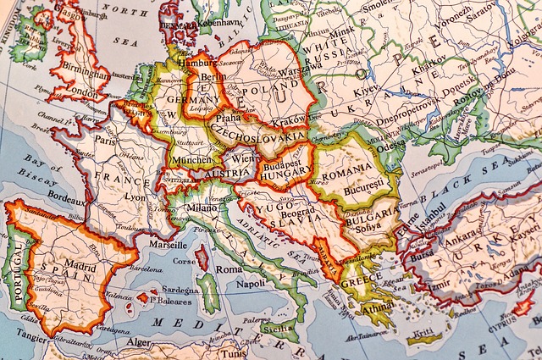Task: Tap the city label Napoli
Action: [251, 285]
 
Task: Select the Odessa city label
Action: [390, 145]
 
